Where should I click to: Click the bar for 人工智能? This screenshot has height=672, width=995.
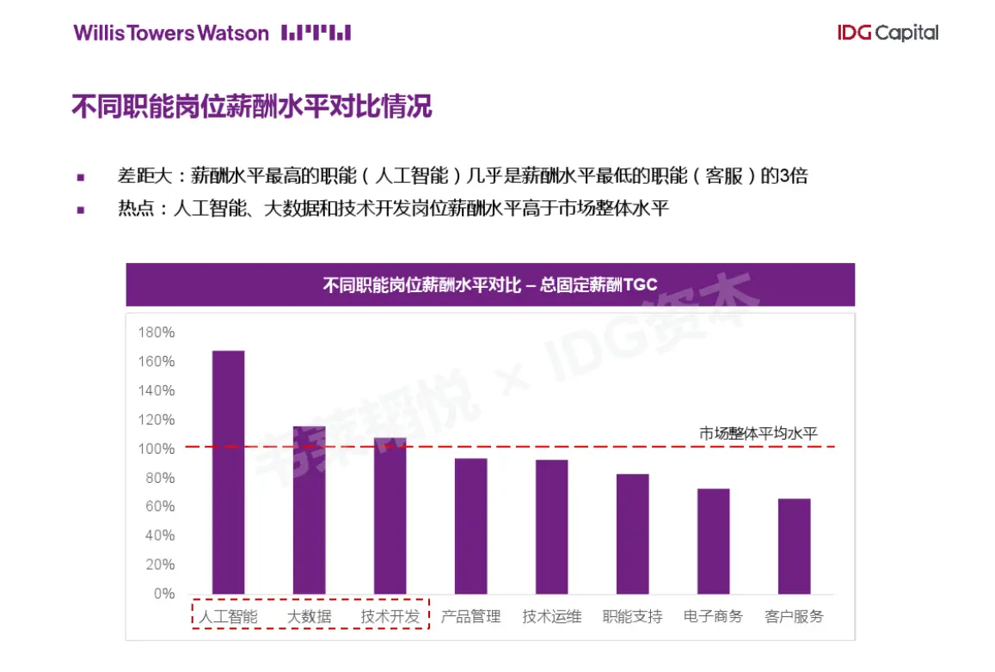228,472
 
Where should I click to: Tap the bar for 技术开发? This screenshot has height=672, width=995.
390,516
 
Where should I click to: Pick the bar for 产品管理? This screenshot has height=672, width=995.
470,526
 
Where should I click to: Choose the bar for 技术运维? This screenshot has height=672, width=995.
551,527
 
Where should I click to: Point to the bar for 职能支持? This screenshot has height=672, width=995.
632,534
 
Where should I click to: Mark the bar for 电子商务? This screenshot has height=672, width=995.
713,541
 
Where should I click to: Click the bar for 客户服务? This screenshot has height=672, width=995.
794,546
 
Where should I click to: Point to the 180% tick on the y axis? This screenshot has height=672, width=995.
157,333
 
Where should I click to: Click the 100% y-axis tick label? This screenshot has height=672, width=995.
157,449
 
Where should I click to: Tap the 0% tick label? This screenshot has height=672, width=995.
163,594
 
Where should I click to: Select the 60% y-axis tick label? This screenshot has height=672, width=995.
159,506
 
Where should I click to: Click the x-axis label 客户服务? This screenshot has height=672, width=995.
794,616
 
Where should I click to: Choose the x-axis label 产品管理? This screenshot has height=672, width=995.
470,616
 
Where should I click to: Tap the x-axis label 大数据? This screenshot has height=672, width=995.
309,616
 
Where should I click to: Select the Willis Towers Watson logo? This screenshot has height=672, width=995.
212,34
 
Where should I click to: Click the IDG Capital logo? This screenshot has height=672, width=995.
888,34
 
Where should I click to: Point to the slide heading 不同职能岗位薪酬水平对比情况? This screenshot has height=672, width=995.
251,107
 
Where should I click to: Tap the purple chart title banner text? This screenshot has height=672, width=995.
490,285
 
